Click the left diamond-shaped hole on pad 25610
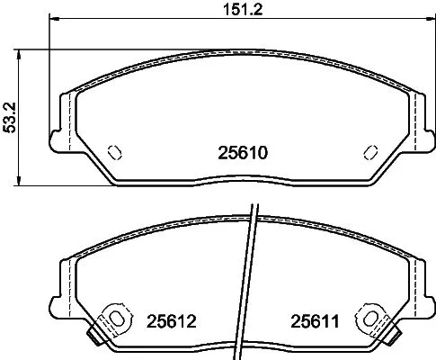pos(114,151)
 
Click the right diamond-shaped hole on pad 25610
pos(369,151)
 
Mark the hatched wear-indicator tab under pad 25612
pos(93,338)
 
